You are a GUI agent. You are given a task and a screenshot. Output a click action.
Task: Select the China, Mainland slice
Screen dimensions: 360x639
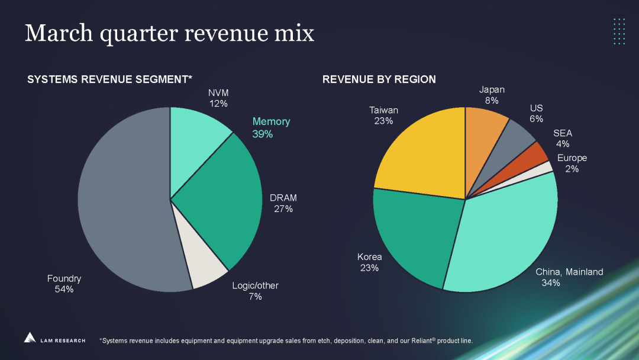click(x=503, y=237)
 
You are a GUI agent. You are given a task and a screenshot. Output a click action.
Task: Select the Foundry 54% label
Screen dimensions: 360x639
click(x=64, y=284)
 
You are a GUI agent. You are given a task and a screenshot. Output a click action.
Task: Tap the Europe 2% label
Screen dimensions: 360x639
click(x=572, y=163)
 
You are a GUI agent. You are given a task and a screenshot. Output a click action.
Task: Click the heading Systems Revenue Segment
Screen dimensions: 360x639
click(x=110, y=79)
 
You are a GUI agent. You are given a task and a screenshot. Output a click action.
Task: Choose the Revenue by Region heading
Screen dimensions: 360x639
click(x=379, y=79)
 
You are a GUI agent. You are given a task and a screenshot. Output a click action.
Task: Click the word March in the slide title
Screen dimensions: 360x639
click(x=57, y=33)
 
